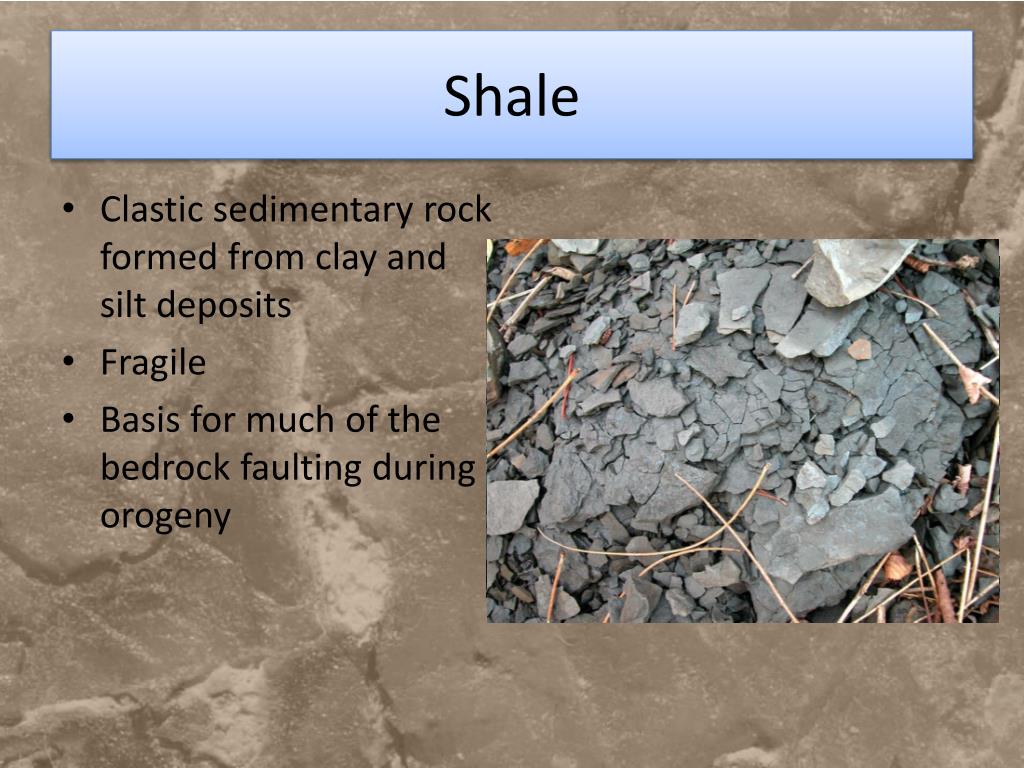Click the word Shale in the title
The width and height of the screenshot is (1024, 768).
[x=511, y=97]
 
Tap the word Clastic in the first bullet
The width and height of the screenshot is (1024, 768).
[x=152, y=210]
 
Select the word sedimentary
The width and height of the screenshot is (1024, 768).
[x=314, y=210]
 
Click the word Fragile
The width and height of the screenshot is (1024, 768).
[x=153, y=363]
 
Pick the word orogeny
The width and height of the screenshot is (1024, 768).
[x=165, y=517]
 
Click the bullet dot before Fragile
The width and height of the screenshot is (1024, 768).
[x=68, y=363]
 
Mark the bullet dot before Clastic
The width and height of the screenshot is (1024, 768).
[x=68, y=211]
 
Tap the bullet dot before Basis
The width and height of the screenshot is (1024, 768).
[x=68, y=420]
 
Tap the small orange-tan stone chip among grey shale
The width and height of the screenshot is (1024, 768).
[x=859, y=349]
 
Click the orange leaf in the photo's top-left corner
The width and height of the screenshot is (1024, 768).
[x=520, y=246]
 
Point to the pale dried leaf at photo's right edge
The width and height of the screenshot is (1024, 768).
[x=972, y=382]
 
